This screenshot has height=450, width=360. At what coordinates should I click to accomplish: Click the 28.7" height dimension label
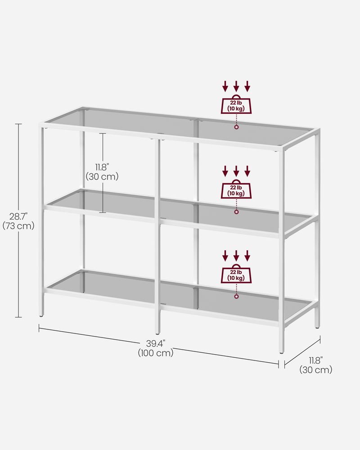18,216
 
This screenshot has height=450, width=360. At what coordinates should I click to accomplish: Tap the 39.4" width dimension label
155,344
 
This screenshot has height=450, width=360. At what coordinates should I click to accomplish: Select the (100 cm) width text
155,353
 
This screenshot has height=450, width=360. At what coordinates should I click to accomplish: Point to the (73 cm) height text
18,226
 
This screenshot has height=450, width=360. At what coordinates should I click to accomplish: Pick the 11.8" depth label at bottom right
315,360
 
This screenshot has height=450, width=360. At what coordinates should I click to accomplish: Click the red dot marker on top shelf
236,128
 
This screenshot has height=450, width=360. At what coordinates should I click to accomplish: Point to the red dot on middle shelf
236,212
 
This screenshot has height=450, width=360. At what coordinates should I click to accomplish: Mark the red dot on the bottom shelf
236,297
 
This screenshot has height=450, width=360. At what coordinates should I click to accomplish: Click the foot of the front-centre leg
157,333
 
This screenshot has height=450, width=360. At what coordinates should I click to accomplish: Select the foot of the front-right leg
281,352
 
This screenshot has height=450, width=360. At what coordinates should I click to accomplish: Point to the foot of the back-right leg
317,327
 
